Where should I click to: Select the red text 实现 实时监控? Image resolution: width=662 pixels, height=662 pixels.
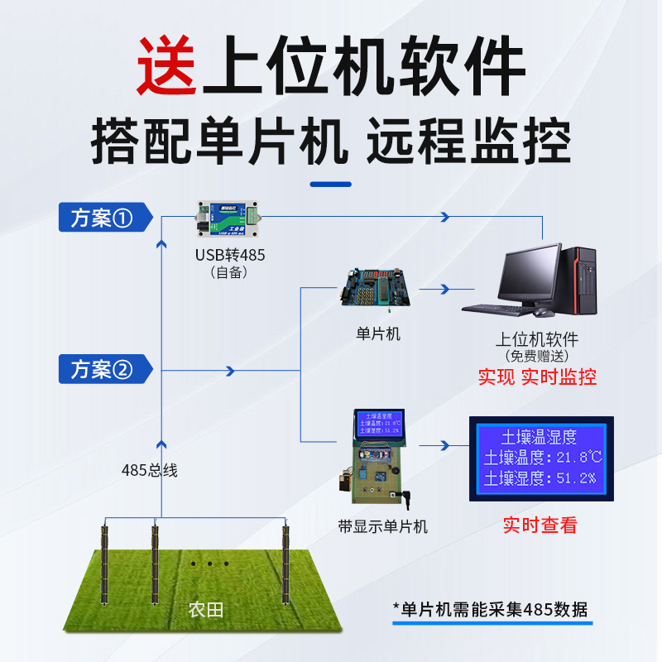coord(537,377)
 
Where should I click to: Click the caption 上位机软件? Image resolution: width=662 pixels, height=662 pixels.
coord(537,339)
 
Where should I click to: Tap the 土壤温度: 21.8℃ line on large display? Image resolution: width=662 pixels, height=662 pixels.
coord(542,458)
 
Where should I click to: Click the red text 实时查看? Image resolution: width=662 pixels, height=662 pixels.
coord(540,525)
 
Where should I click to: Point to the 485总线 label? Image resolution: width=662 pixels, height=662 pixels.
coord(150,470)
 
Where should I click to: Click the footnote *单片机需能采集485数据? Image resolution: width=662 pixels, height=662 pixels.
coord(490,610)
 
